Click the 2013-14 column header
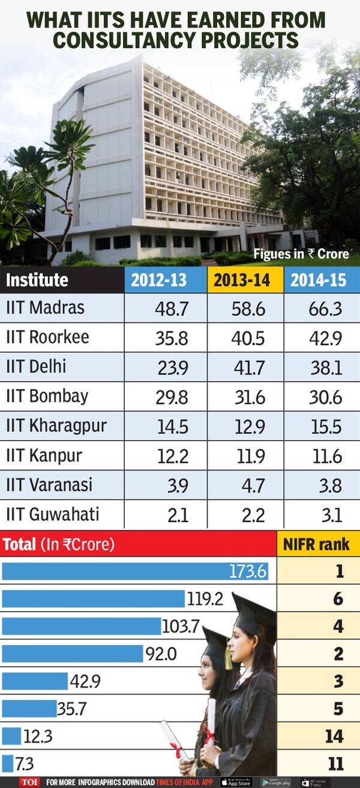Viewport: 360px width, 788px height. pos(245,280)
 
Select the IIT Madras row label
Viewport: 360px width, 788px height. pos(45,308)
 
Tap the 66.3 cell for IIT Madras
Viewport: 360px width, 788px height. pos(326,308)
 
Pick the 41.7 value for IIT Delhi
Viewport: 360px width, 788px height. pos(247,367)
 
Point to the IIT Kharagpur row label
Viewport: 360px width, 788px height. pos(56,426)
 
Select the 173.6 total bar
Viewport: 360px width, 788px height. pos(135,571)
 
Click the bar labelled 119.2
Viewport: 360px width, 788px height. pos(93,598)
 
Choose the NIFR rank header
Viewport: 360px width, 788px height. pos(317,544)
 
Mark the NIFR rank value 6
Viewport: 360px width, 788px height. pos(339,598)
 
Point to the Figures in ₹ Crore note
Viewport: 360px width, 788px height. pos(301,254)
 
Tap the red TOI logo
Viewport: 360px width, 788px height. pos(29,782)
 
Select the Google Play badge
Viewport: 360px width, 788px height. pos(276,782)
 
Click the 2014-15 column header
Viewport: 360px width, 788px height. pos(322,280)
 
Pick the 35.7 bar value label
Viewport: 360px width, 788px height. pos(72,709)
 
